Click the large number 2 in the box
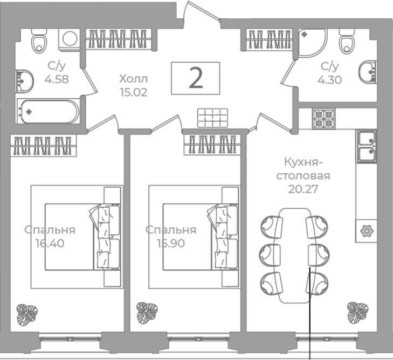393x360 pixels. click(196, 78)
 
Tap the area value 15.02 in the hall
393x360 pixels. click(134, 92)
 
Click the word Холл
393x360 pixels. click(134, 79)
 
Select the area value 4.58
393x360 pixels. click(57, 79)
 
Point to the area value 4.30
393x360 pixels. click(329, 80)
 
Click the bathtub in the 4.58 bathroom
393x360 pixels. click(48, 111)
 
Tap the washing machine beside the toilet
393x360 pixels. click(70, 40)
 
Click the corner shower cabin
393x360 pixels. click(313, 43)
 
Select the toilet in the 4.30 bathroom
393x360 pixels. click(347, 41)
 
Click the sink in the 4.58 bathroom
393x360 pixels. click(24, 81)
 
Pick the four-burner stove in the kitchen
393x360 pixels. click(323, 119)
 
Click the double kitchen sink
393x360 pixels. click(367, 146)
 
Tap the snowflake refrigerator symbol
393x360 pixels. click(367, 231)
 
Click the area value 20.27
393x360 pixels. click(303, 189)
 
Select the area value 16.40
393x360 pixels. click(50, 243)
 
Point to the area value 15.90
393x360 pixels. click(171, 243)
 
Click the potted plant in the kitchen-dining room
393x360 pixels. click(358, 312)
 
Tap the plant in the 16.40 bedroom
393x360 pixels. click(27, 315)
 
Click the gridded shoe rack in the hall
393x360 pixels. click(212, 118)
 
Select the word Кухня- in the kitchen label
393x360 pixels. click(303, 162)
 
